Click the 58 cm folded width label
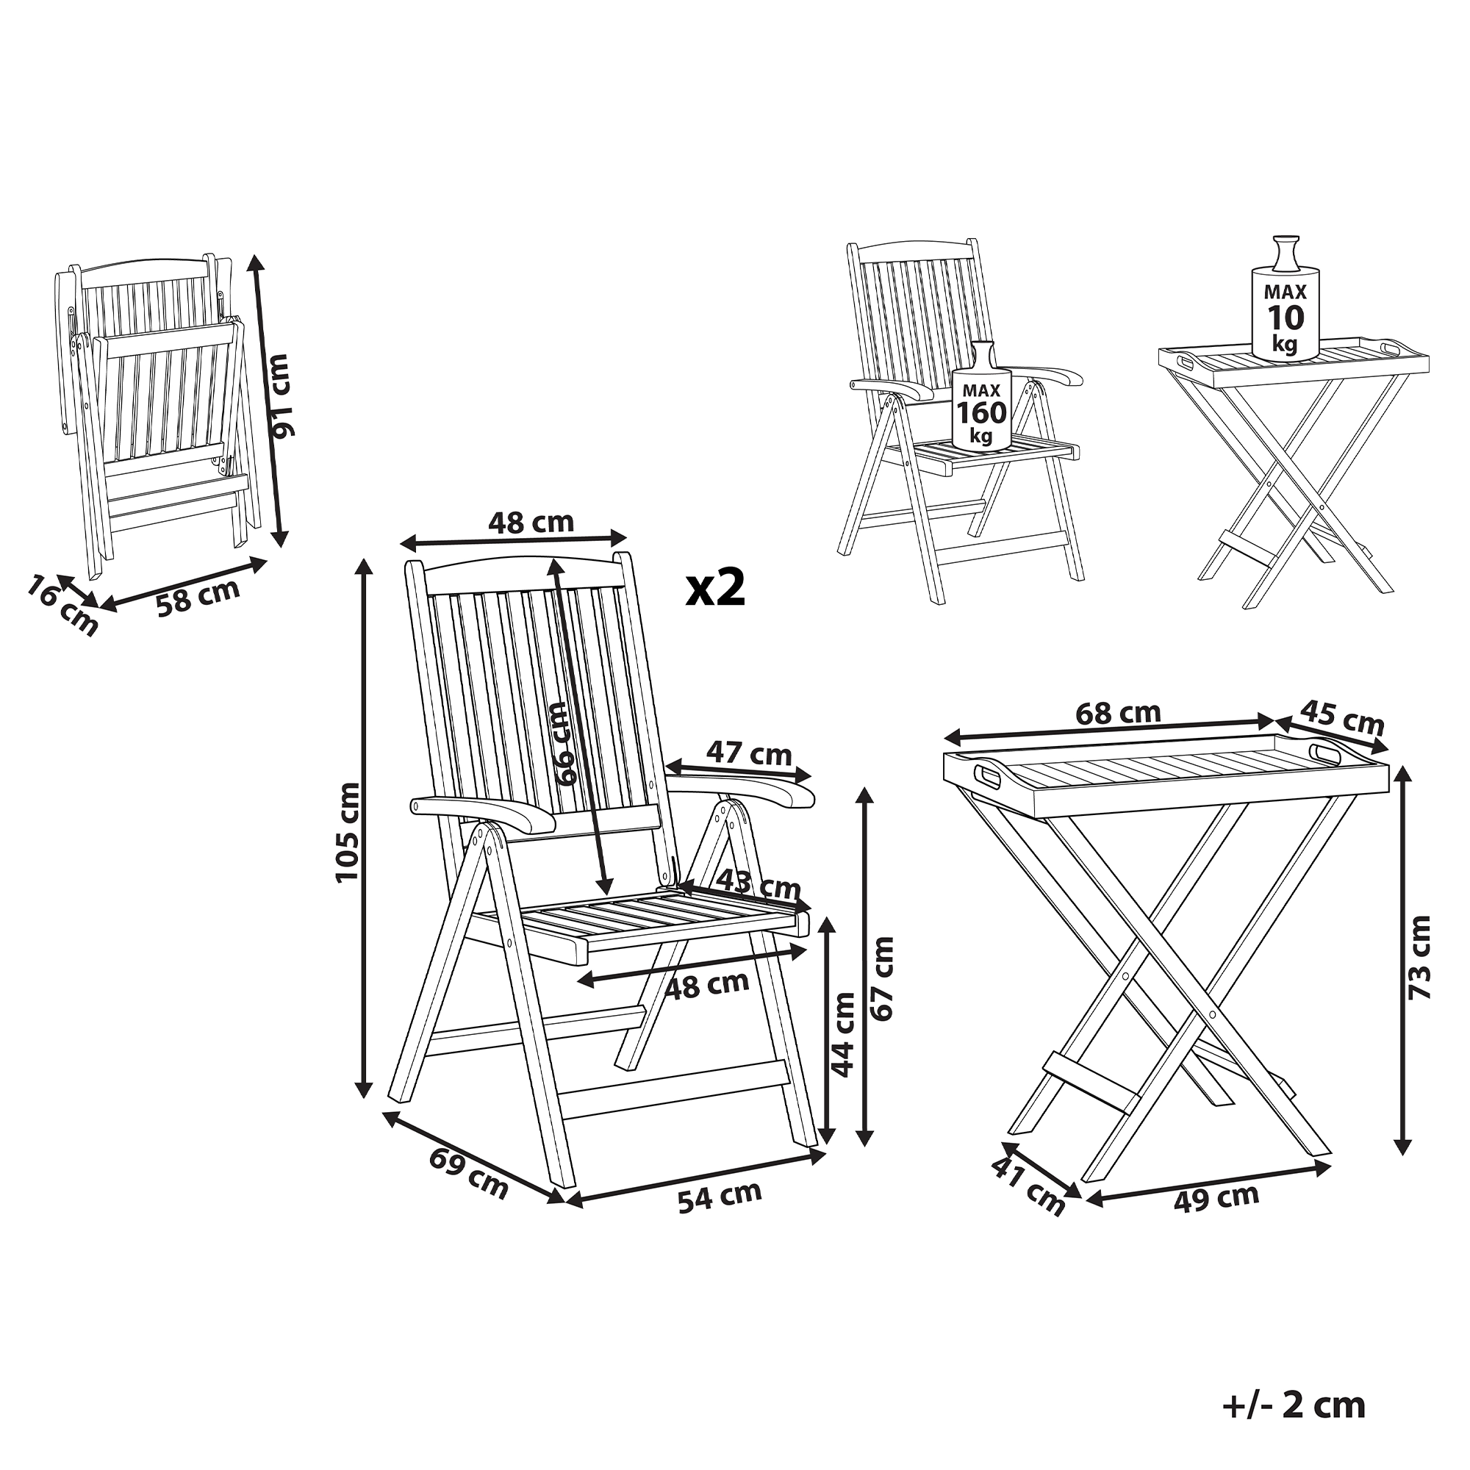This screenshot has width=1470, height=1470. click(x=198, y=597)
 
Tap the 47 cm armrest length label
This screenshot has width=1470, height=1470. click(x=750, y=753)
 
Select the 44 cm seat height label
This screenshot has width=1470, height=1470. click(x=842, y=1034)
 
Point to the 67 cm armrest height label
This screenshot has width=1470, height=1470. click(x=883, y=978)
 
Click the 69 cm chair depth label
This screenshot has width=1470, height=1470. click(x=469, y=1184)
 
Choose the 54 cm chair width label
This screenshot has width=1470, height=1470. click(x=720, y=1197)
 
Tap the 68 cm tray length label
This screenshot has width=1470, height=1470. click(x=1118, y=713)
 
